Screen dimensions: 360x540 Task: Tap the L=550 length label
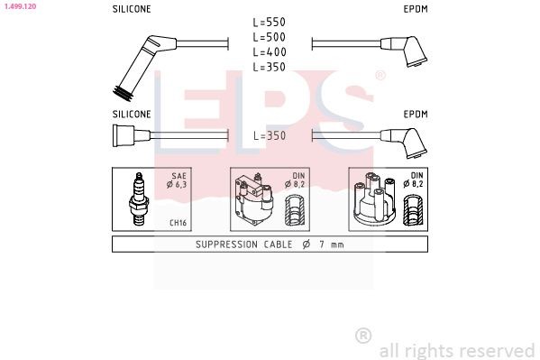(270, 22)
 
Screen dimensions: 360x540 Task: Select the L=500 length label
(270, 37)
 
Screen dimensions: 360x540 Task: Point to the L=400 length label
(270, 51)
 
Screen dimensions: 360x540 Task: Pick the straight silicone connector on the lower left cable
(124, 136)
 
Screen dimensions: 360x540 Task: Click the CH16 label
(177, 223)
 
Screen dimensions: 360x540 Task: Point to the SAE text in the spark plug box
(178, 178)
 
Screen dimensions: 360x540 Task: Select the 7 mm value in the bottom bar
(330, 245)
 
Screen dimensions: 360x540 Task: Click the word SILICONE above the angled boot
(132, 8)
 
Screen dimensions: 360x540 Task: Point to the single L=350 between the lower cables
(270, 135)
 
